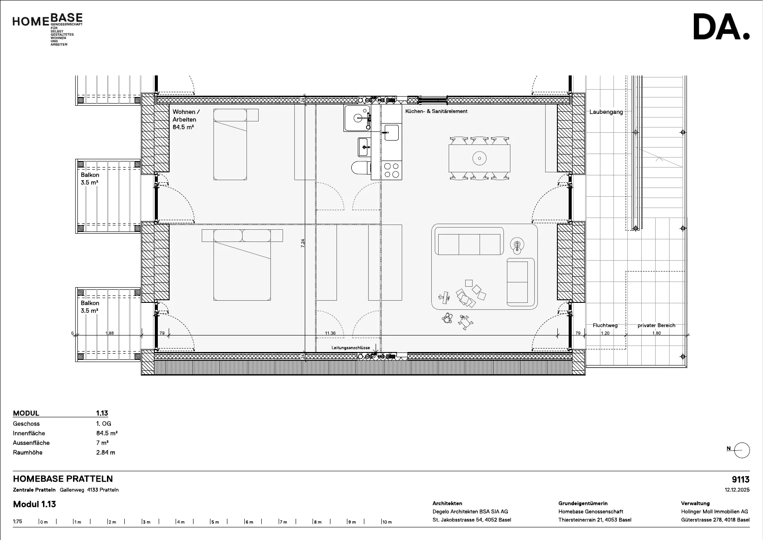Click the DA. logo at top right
[x=721, y=27]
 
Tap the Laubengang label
[x=606, y=112]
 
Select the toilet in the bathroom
[x=361, y=168]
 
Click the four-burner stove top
[x=392, y=170]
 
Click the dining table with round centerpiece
[x=480, y=158]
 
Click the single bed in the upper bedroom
[x=230, y=144]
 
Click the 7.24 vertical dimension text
[x=303, y=244]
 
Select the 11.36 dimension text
[x=330, y=333]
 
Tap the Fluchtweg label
[x=605, y=325]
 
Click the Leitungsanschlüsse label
[x=351, y=348]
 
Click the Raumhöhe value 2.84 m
[x=106, y=453]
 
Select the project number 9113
[x=741, y=480]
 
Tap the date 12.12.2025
[x=737, y=490]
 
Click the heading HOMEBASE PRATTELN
[x=63, y=479]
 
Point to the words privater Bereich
[x=656, y=325]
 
